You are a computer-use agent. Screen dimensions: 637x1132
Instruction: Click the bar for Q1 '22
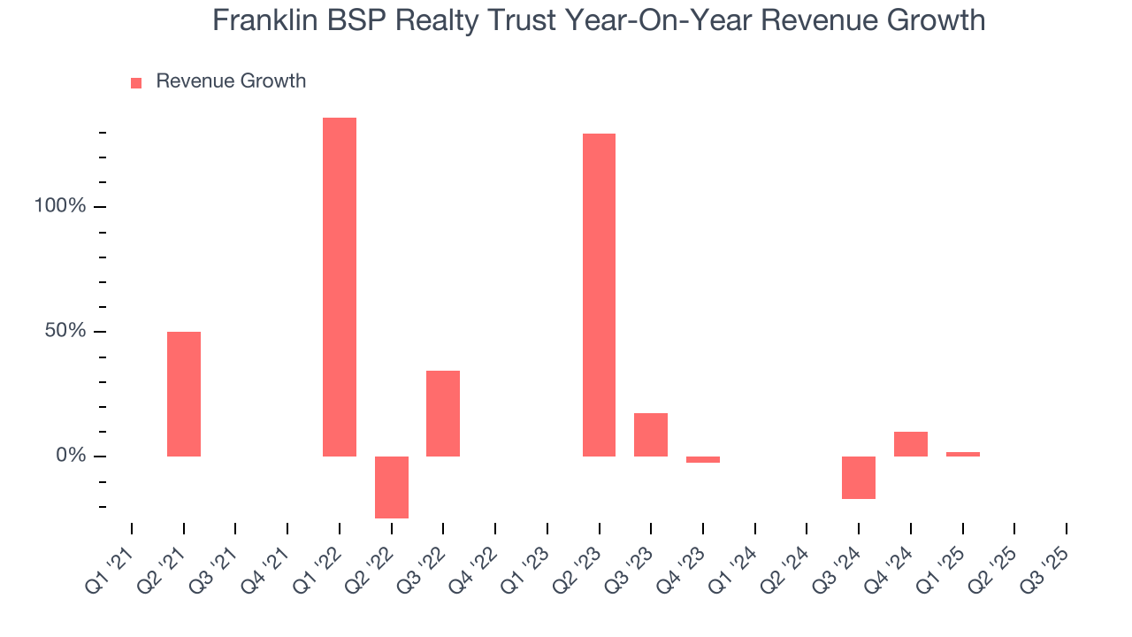340,287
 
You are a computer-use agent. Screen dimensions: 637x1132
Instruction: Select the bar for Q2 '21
184,394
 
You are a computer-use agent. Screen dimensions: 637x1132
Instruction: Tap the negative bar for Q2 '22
392,487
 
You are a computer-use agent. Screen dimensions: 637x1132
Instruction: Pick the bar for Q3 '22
443,413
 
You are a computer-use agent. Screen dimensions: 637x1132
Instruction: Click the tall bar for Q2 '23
599,295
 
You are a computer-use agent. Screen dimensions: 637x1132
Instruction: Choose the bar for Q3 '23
651,434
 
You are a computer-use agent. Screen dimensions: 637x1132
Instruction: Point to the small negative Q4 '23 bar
703,459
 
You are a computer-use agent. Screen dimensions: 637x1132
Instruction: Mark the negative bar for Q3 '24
859,478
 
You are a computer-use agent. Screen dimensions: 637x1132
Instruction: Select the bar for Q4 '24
911,444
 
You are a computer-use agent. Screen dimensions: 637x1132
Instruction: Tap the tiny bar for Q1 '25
963,454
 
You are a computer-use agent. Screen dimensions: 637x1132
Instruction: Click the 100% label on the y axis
60,206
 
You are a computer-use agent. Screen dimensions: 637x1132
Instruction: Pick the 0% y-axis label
71,456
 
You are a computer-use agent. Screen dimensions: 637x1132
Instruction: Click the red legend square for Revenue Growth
136,83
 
